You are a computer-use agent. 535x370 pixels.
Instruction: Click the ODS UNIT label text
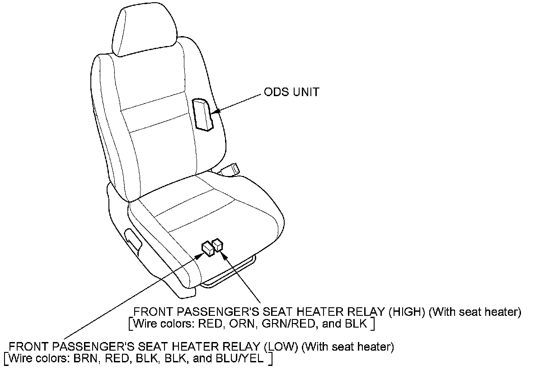(291, 92)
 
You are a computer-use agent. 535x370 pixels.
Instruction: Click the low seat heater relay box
(207, 248)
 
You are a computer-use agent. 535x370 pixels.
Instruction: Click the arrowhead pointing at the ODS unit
(218, 111)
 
